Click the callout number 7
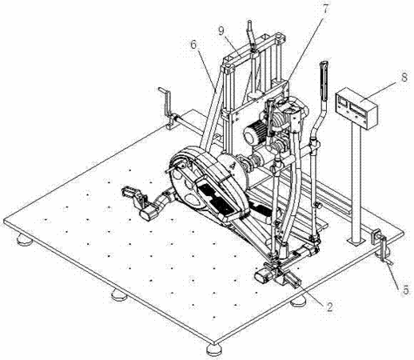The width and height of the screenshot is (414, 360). (x=326, y=10)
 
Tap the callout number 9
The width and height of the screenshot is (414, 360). (x=221, y=31)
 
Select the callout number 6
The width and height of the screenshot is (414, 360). (x=193, y=44)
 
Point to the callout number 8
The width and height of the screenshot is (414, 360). (x=404, y=78)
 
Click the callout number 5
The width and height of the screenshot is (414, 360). (x=406, y=290)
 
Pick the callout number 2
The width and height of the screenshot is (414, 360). (x=329, y=307)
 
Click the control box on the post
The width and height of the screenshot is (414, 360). (x=356, y=108)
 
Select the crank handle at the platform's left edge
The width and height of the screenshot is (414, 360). (x=167, y=106)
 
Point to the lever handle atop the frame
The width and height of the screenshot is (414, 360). (x=251, y=34)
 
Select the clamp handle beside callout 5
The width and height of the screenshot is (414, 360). (x=385, y=250)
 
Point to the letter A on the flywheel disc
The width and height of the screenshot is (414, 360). (x=233, y=166)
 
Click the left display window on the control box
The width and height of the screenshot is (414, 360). (x=342, y=102)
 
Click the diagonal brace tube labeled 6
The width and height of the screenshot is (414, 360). (x=213, y=107)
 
